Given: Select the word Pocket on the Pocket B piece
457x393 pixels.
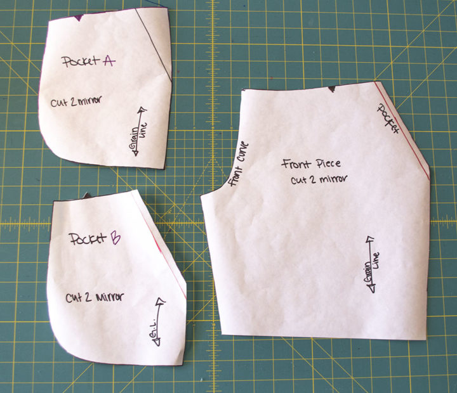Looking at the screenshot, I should (x=88, y=240).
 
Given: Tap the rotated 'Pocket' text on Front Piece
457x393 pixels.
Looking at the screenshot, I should (x=388, y=118).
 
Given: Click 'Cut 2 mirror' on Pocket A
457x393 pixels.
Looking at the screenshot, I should (x=79, y=100).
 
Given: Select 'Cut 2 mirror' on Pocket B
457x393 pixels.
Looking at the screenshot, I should (x=94, y=296).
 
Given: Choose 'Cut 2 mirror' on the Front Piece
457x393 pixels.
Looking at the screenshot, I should (x=319, y=179).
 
